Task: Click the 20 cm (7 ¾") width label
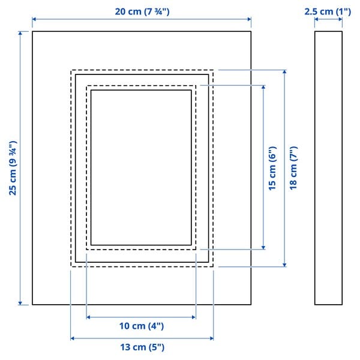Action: point(142,11)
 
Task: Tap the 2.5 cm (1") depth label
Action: point(328,11)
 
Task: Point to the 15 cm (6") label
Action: point(272,169)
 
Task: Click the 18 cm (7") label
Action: point(293,169)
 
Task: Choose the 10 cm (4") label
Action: point(142,326)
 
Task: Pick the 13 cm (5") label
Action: point(142,347)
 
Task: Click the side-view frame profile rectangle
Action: point(328,168)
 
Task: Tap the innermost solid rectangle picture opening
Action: point(141,167)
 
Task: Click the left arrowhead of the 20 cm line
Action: point(34,20)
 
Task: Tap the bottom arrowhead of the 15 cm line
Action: point(263,246)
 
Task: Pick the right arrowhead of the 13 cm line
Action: point(211,338)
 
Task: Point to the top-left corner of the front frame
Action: point(32,31)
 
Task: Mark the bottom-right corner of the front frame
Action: point(251,305)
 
